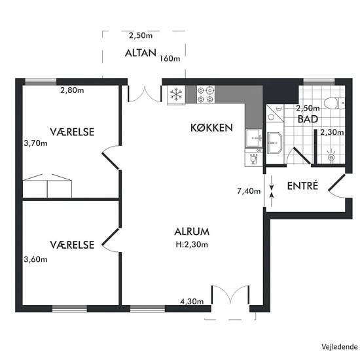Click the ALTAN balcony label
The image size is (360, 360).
point(141,53)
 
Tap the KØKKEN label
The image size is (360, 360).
point(211,128)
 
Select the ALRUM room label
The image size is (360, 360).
point(192,232)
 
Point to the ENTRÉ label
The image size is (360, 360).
point(302,185)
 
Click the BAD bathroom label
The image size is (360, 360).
point(308,119)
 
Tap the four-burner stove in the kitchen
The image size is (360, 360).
point(206,94)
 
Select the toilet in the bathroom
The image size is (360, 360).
point(334,103)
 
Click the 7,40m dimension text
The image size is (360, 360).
point(249,190)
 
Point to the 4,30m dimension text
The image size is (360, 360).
point(192,301)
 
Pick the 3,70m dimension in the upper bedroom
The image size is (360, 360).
point(35,143)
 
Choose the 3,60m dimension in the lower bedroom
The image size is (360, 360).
point(35,259)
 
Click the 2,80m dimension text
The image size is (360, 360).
point(72,90)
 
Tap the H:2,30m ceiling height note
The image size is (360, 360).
point(192,245)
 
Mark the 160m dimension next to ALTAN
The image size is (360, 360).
point(170,58)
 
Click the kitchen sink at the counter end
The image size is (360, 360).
point(254,138)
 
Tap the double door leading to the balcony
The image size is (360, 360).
point(145,94)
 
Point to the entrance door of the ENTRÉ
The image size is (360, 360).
point(337,186)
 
